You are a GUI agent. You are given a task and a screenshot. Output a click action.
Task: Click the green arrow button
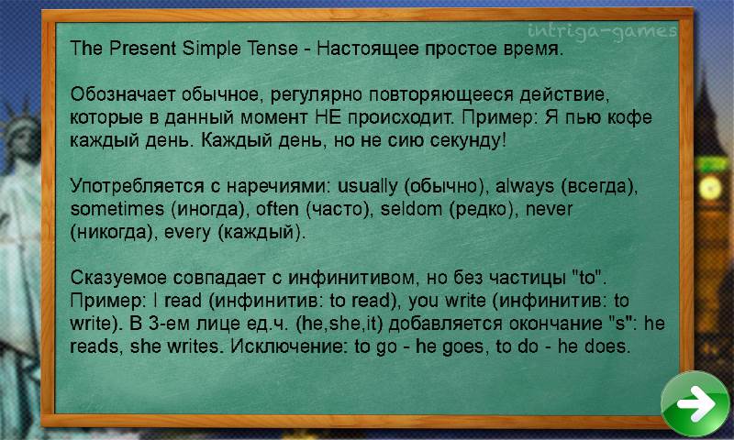click(x=695, y=402)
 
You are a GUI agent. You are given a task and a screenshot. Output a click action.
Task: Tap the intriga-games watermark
click(x=602, y=32)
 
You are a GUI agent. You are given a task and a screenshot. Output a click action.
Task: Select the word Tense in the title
click(x=272, y=49)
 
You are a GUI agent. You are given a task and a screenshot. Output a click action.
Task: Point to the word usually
click(x=368, y=187)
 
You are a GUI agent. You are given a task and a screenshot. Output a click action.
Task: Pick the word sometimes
click(x=117, y=209)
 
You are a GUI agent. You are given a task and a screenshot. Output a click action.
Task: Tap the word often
click(x=277, y=209)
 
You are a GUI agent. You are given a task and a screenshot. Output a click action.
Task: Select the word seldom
click(x=411, y=209)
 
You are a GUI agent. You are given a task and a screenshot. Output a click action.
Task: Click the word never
click(x=549, y=210)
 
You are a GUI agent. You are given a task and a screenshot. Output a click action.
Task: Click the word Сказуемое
click(x=119, y=279)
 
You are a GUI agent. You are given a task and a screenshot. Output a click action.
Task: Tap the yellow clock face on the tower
click(x=709, y=189)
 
